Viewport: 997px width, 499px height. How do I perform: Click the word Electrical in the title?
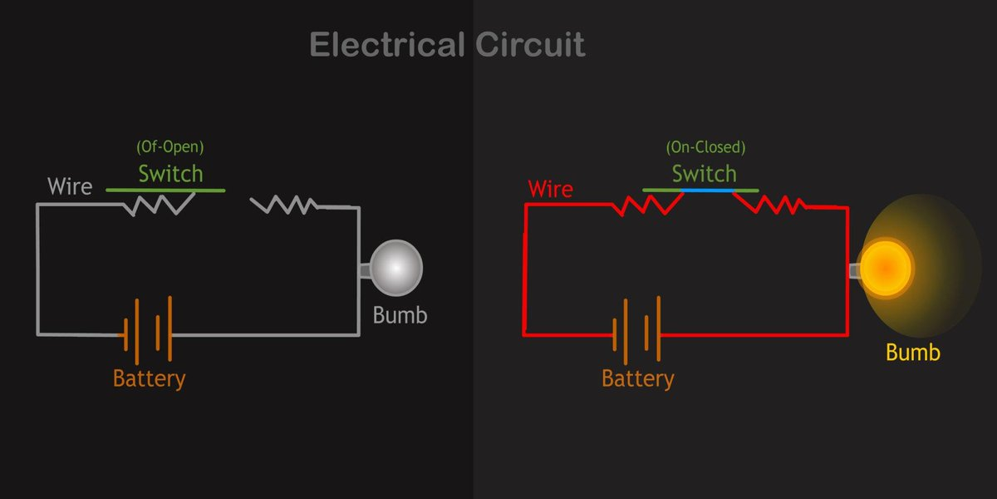387,45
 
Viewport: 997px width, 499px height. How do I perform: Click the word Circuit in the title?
530,45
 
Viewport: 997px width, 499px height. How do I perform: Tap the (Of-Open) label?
170,147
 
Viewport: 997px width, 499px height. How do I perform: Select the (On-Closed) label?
705,147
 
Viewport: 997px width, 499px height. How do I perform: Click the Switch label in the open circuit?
170,173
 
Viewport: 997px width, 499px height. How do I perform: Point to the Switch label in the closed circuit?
705,173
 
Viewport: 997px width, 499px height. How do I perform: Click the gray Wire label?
70,186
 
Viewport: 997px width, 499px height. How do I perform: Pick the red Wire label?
551,189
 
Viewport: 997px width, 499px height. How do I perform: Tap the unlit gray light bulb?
395,268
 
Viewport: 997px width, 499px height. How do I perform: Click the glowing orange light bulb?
886,269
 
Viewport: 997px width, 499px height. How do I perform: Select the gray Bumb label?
400,315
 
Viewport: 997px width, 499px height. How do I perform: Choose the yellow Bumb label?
913,352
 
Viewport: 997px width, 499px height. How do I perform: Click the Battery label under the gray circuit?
149,379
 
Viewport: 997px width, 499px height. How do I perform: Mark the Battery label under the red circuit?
638,379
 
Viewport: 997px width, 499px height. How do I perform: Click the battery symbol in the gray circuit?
148,330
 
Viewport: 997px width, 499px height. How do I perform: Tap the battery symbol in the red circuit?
636,330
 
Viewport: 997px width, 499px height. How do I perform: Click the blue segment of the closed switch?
708,190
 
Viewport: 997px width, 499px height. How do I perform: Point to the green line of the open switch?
165,190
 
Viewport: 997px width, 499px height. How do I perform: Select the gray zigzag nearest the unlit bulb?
284,205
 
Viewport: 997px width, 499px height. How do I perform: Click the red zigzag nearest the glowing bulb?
770,204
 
